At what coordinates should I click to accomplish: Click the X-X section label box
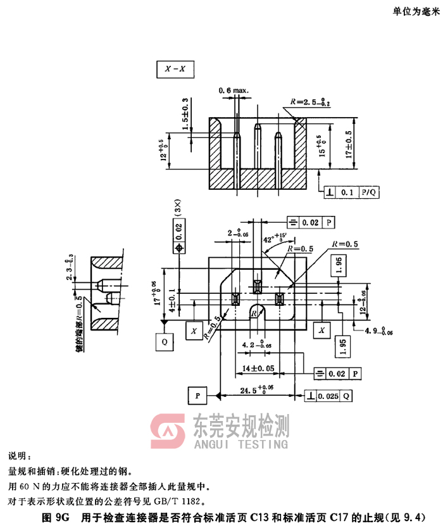tap(175, 69)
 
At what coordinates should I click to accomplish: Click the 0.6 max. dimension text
tap(234, 91)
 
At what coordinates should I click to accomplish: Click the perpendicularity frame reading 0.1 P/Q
tap(351, 191)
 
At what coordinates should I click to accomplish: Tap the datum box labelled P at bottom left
tap(197, 396)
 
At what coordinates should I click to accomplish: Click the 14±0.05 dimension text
tap(259, 367)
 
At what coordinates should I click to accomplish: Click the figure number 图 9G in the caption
tap(55, 517)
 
